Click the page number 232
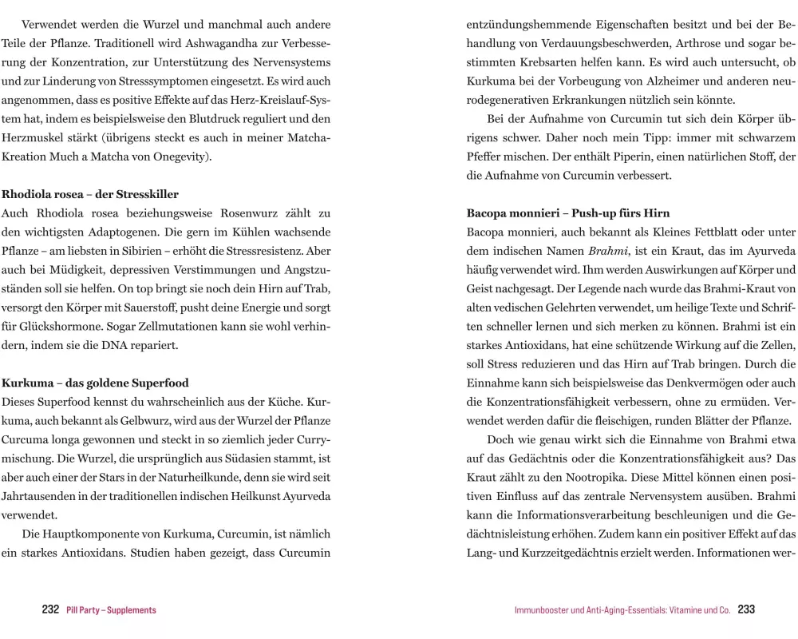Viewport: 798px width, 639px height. point(50,610)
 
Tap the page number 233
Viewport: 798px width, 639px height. point(746,610)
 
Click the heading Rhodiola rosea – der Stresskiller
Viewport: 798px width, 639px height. point(90,194)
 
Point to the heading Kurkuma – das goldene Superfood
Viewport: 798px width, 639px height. point(96,383)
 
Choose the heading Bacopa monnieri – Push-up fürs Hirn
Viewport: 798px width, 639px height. point(567,213)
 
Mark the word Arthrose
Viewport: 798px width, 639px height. point(693,43)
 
